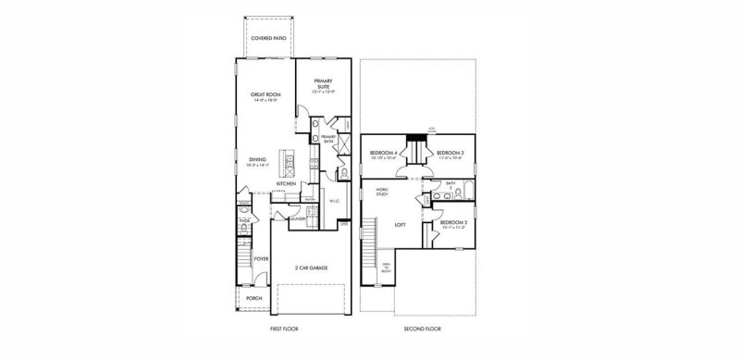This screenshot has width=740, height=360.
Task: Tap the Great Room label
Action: [x=266, y=95]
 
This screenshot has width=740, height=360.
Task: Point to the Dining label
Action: [x=258, y=160]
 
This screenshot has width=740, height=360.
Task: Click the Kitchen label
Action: [x=286, y=183]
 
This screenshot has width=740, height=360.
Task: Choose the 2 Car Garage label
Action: [x=311, y=267]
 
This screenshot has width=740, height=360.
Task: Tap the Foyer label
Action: [x=261, y=259]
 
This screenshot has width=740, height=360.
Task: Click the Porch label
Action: [x=253, y=299]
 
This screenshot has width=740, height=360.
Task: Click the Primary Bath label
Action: [x=328, y=138]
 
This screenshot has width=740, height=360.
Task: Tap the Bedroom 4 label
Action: [x=383, y=153]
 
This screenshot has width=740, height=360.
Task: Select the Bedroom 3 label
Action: [x=450, y=153]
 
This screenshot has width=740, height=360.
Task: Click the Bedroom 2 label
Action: [x=453, y=223]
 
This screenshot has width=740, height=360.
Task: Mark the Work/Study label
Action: [x=381, y=192]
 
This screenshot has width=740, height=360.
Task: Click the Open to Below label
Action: [x=387, y=267]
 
